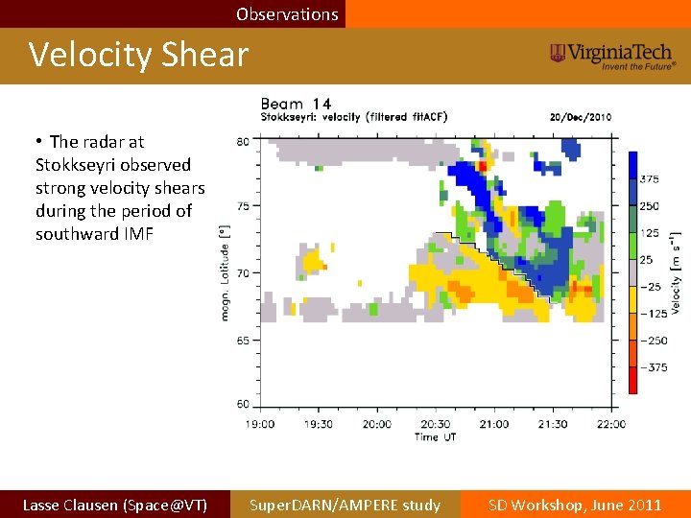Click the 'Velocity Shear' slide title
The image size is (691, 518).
tap(138, 55)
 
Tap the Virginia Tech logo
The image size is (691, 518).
tap(612, 56)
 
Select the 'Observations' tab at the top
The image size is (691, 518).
tap(287, 14)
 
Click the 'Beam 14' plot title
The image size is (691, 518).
tap(296, 104)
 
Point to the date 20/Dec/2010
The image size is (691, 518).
tap(580, 117)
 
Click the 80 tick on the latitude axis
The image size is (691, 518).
tap(243, 142)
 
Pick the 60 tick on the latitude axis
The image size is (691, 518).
tap(243, 404)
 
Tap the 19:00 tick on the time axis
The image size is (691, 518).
tap(259, 424)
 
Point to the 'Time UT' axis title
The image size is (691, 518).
tap(435, 436)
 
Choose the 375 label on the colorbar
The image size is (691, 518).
tap(649, 179)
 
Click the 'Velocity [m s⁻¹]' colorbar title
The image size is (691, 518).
tap(677, 272)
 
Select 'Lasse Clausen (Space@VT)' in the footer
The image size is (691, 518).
tap(114, 505)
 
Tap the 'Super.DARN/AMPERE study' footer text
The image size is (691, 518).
tap(345, 505)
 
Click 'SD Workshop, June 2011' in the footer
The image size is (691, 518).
tap(575, 505)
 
